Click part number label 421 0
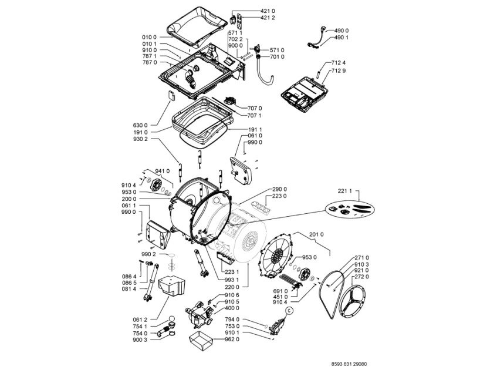[252, 11]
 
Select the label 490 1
[342, 37]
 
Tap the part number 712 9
[339, 70]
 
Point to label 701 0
[277, 56]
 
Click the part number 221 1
[346, 191]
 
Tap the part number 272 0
[362, 276]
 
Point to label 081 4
[130, 289]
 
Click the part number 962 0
[232, 339]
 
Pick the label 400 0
[232, 308]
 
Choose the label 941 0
[163, 171]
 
